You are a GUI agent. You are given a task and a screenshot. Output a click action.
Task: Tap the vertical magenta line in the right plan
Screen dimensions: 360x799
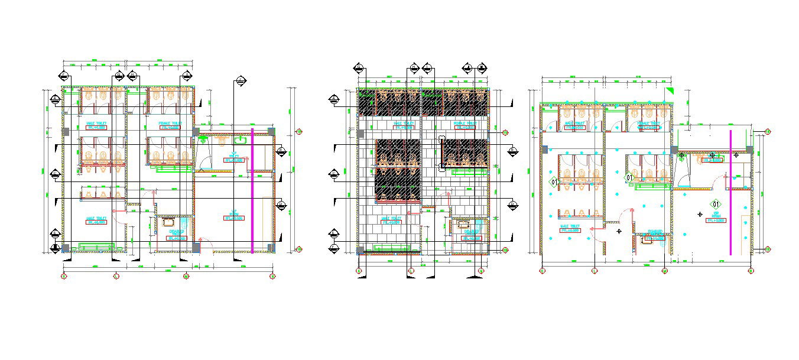730,193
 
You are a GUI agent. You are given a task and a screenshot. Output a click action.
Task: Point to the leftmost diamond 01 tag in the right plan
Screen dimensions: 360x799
554,182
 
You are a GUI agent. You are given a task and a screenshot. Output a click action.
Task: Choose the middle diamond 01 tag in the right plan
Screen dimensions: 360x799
629,177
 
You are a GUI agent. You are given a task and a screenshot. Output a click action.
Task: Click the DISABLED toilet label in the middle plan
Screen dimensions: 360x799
471,235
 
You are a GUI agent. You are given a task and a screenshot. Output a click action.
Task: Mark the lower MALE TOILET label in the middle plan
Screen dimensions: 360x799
391,220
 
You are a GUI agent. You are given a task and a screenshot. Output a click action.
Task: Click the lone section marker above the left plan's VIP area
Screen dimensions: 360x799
241,81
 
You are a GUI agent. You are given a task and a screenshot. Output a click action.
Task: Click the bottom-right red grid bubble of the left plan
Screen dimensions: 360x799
272,276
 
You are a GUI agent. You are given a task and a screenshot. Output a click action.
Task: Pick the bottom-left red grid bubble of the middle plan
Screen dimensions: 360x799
359,271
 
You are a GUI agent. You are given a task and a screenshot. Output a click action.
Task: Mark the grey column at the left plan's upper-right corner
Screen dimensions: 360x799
271,131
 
